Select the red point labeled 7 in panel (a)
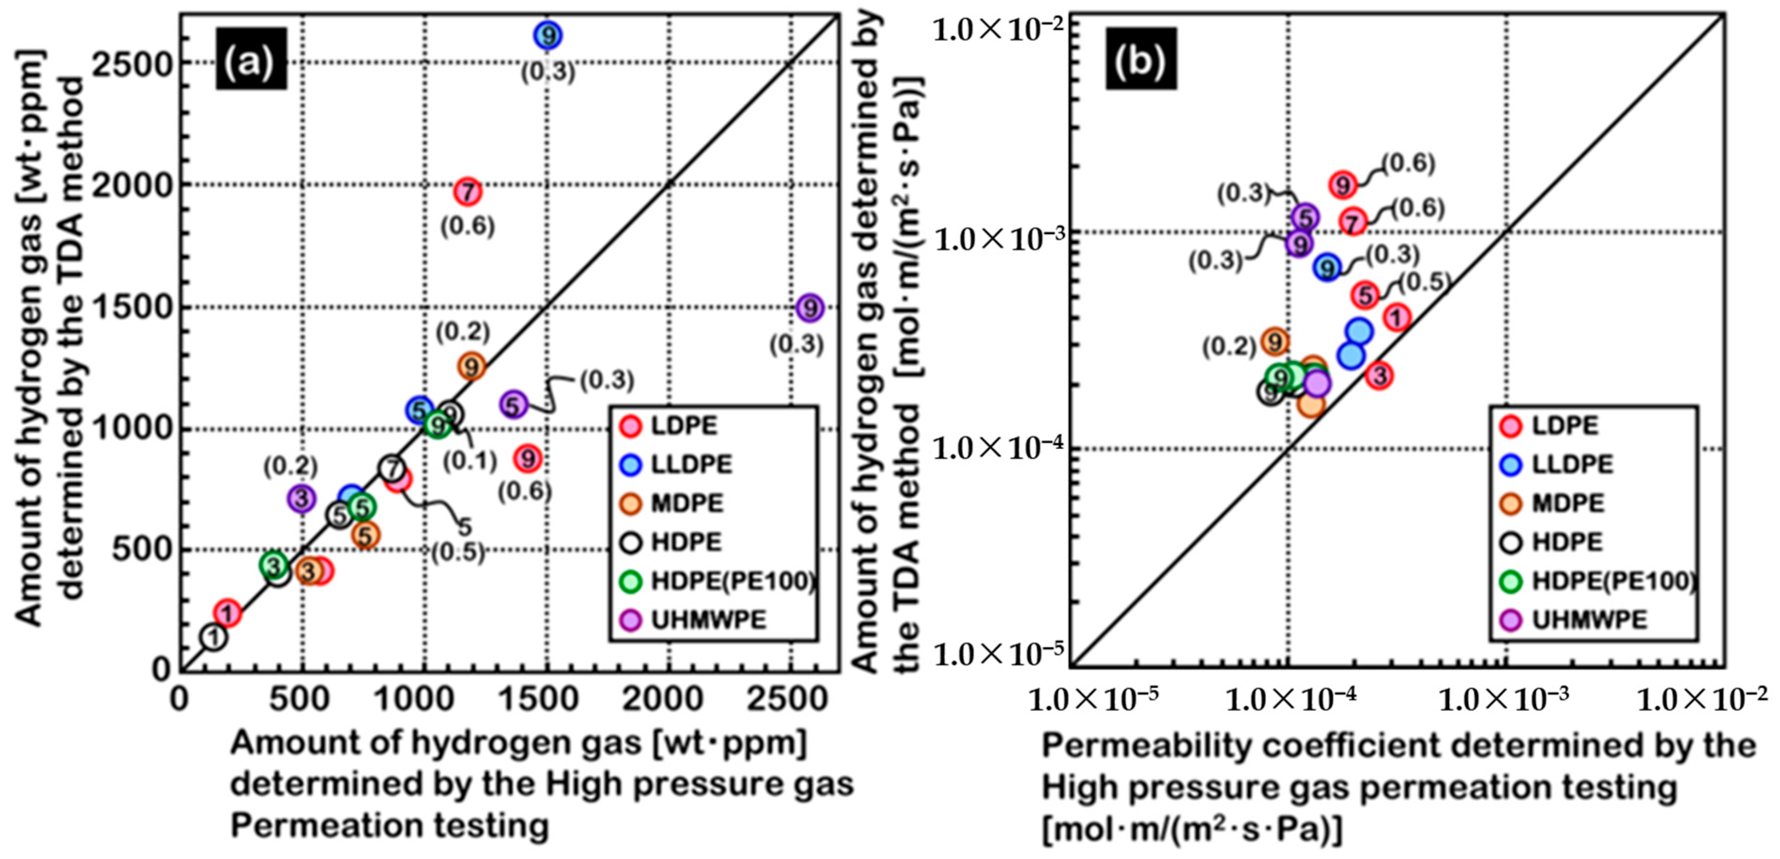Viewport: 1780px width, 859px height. (468, 192)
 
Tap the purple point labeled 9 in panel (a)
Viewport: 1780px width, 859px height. (810, 308)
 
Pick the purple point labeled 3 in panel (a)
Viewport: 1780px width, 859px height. (301, 497)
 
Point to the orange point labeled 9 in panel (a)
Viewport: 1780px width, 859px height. (471, 366)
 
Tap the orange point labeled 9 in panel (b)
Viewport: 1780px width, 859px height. (1275, 341)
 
